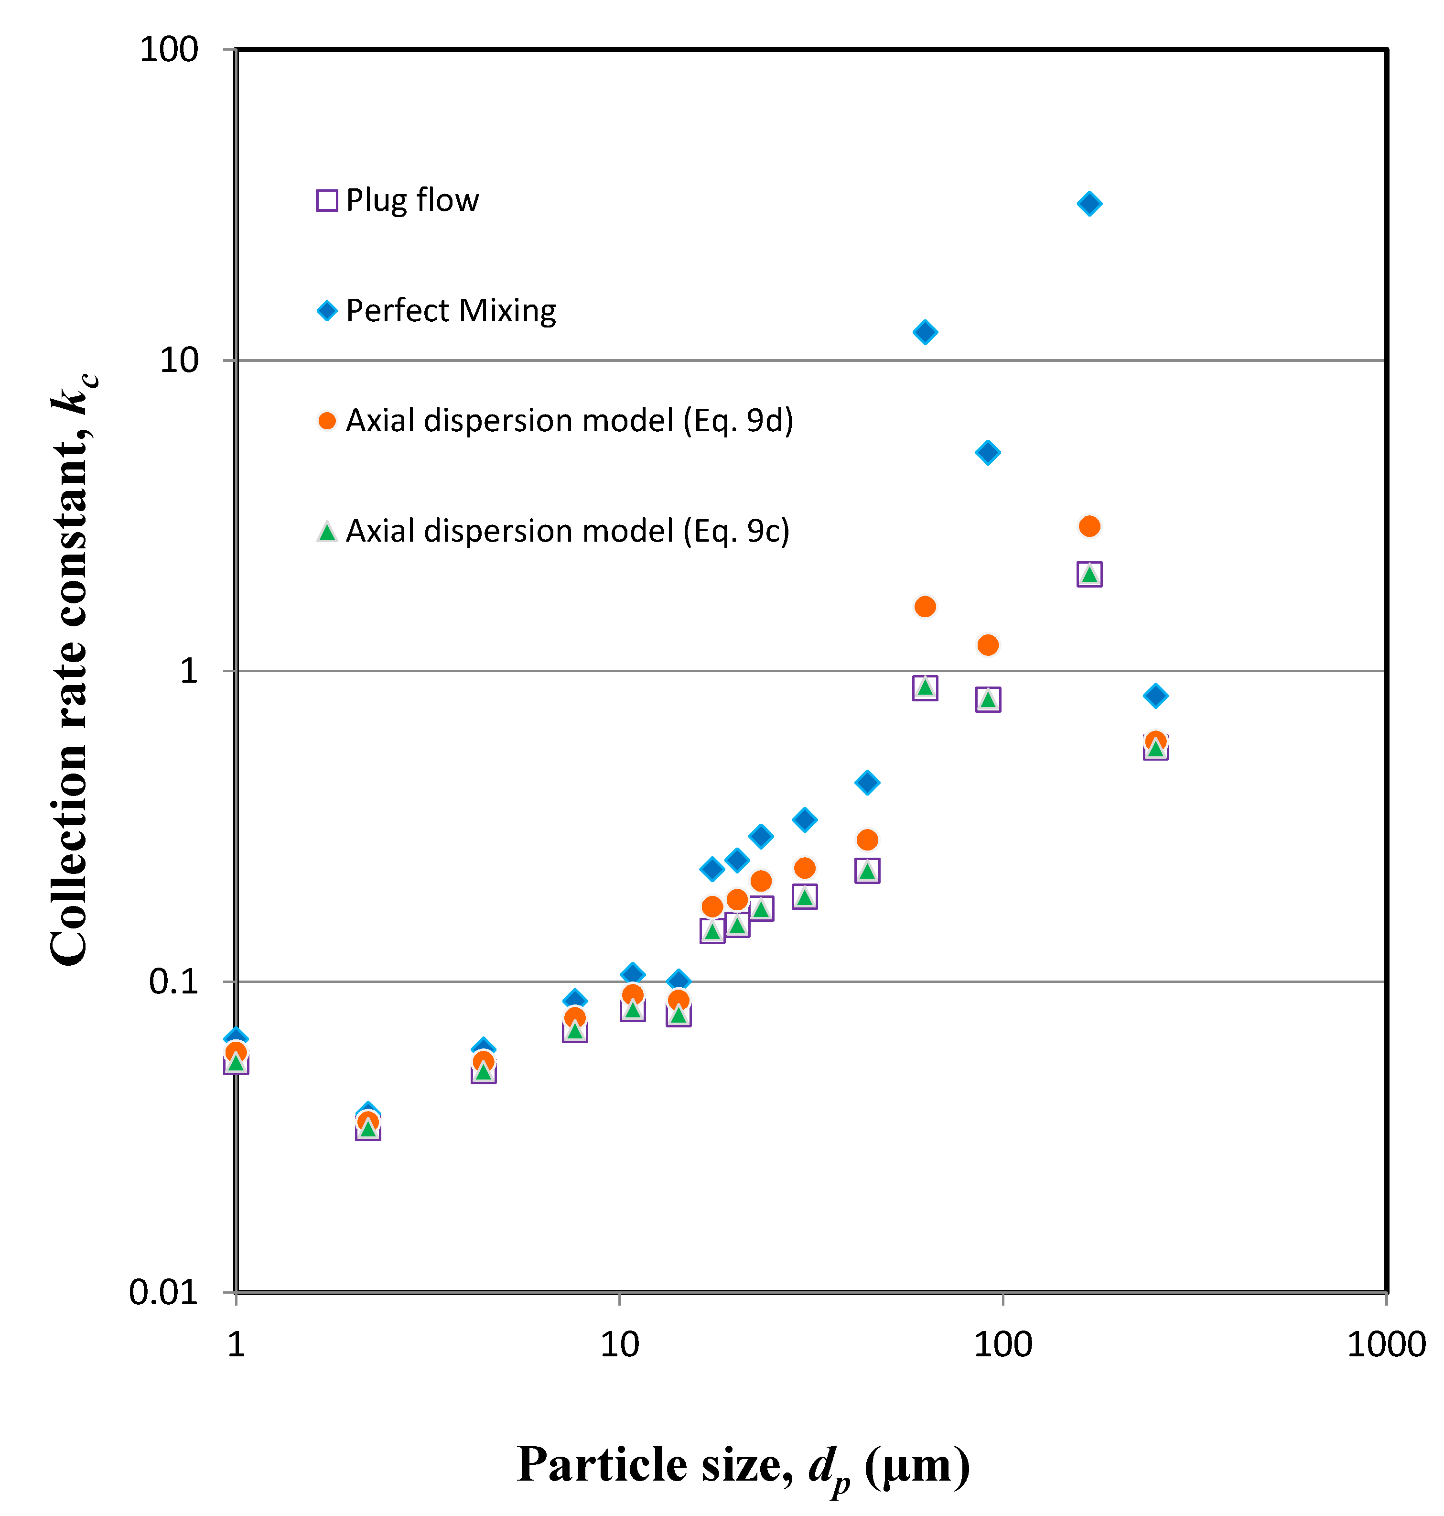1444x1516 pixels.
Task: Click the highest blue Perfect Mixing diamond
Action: [1088, 204]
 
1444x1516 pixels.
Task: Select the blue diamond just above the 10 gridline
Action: [925, 333]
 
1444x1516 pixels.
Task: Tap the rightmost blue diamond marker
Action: [1154, 696]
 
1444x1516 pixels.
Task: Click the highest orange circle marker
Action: [1088, 527]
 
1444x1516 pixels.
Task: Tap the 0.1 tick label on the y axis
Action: [173, 982]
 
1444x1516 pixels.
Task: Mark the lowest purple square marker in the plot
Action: [368, 1130]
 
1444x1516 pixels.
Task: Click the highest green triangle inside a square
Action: [1088, 574]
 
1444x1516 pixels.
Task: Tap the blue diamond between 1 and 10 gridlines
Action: [988, 453]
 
